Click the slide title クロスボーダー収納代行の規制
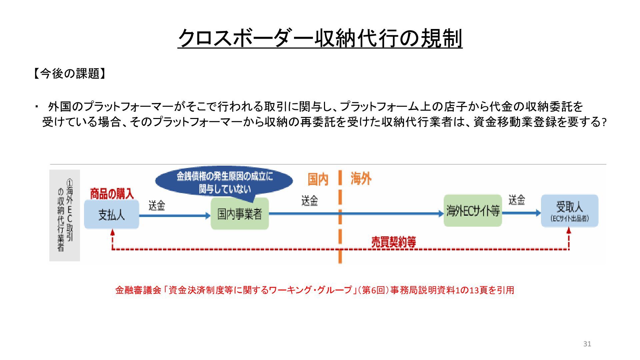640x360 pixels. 320,38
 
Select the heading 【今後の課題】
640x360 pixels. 70,74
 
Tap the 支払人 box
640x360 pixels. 111,215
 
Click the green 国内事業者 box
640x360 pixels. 240,214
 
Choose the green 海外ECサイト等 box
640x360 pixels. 473,211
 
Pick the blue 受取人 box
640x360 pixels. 569,211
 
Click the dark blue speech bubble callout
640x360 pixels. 224,182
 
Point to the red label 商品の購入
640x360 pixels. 112,194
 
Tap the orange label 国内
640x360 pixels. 318,179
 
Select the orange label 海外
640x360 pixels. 361,179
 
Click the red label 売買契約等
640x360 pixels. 393,242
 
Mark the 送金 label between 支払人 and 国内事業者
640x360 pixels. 157,205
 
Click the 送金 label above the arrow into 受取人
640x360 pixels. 516,200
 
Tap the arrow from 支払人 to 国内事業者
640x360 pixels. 175,216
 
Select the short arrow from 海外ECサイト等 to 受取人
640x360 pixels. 521,213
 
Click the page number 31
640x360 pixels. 587,344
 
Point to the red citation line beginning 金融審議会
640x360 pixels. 314,290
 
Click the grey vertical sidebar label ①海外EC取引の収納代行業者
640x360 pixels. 65,215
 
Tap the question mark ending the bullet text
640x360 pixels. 603,123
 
